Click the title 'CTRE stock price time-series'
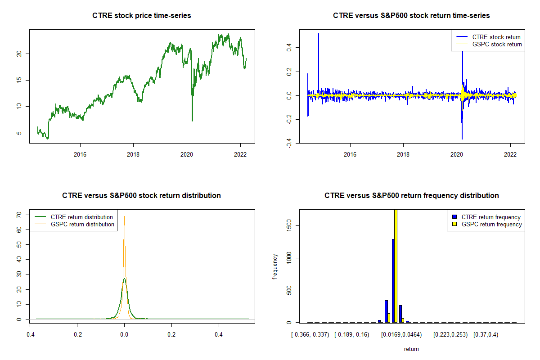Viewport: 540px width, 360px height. point(142,16)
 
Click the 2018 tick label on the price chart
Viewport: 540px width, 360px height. point(133,155)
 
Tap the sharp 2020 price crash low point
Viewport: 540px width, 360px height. point(192,120)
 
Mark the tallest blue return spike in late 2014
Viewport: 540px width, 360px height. point(319,34)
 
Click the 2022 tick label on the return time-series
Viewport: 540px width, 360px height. point(510,155)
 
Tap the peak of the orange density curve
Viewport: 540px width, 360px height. point(124,217)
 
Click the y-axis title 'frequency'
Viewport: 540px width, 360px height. point(275,266)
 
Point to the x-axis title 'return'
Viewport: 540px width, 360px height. point(411,349)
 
